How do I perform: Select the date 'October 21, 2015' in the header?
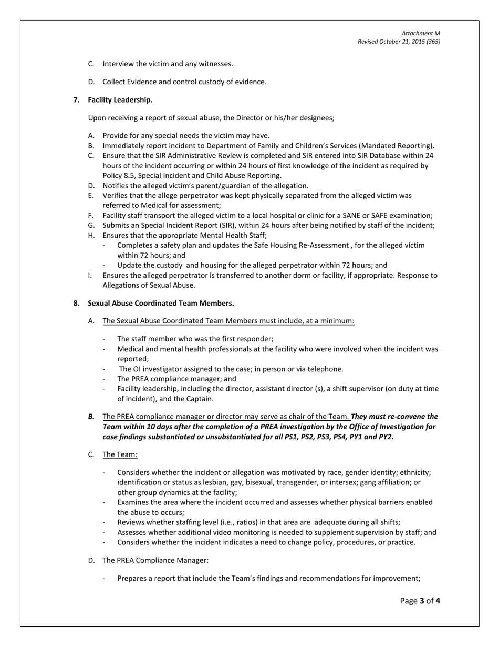pos(399,42)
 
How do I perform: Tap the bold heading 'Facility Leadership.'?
pos(120,100)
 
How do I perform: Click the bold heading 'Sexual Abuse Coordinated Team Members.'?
pos(161,304)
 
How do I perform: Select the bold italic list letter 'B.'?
pos(91,417)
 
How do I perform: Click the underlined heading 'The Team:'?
pos(120,454)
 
